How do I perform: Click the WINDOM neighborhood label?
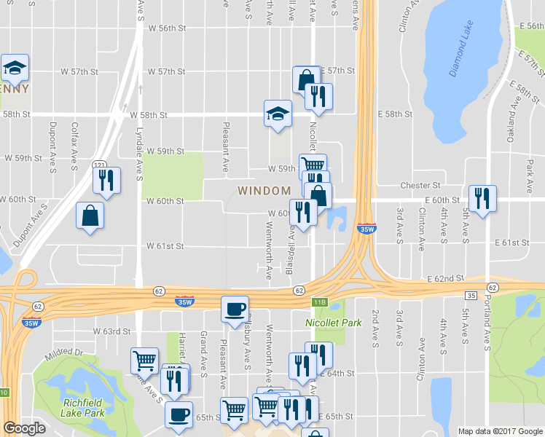264,190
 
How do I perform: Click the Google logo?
24,428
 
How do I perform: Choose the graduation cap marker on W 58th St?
278,114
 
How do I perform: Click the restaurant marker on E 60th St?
482,197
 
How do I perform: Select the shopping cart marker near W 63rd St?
144,360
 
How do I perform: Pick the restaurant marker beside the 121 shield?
107,179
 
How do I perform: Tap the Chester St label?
426,186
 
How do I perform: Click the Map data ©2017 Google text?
501,431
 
